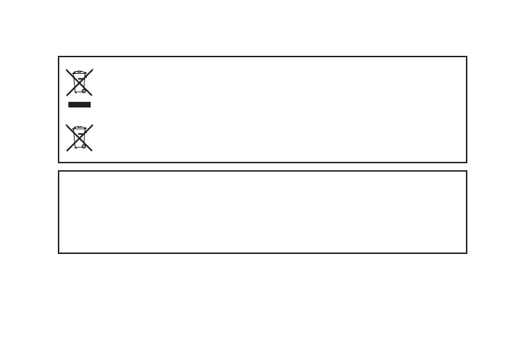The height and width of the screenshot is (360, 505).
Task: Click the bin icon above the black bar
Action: pos(80,82)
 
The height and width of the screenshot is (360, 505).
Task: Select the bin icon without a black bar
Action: pos(80,137)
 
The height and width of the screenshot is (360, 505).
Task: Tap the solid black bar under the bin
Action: pos(80,104)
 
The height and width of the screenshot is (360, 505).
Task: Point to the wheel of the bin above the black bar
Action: pos(84,91)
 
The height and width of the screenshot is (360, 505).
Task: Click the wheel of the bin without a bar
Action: pos(84,146)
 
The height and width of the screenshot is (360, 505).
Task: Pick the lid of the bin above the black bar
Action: pos(80,72)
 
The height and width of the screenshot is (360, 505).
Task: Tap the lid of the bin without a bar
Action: pos(80,127)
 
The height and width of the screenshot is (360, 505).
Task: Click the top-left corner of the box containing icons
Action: pos(59,57)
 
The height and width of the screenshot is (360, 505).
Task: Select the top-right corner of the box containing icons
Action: pos(466,57)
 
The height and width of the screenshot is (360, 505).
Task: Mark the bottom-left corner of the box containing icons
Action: pos(59,162)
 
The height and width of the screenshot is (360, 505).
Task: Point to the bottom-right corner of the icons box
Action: pos(466,162)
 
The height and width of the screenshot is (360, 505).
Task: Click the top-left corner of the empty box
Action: pos(59,171)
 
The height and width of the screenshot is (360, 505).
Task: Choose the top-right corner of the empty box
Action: pos(466,171)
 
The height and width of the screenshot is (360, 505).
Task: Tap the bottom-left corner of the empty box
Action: pos(59,253)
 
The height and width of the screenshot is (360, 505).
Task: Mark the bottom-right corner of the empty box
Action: pos(466,253)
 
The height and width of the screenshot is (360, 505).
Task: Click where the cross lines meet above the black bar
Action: pos(80,82)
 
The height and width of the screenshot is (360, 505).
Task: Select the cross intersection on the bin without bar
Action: pos(80,137)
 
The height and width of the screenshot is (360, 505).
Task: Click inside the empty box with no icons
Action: pos(262,212)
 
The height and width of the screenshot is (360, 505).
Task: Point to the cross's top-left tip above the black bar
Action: pos(67,69)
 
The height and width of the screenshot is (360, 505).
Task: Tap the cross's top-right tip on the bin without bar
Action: pos(93,124)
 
